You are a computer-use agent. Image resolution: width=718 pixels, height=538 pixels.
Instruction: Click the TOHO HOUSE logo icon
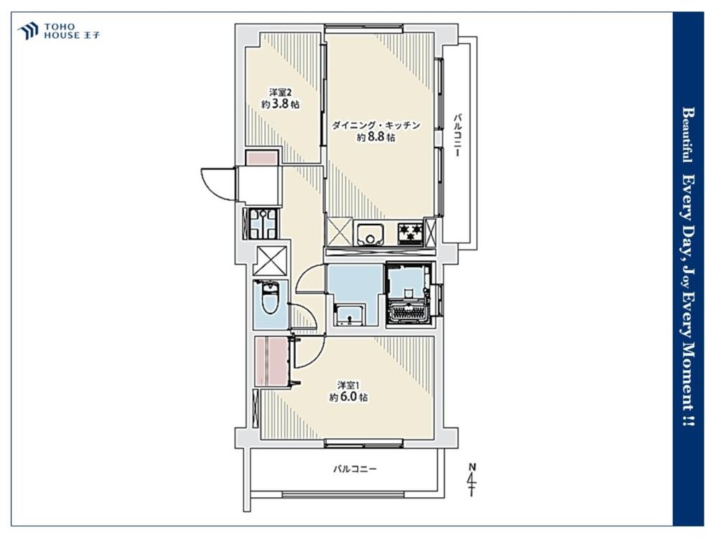(27, 31)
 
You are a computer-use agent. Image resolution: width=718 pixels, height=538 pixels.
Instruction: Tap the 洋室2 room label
(280, 91)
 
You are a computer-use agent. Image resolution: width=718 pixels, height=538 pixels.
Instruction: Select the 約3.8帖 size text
(280, 104)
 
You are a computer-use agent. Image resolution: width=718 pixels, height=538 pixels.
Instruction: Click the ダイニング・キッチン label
(376, 126)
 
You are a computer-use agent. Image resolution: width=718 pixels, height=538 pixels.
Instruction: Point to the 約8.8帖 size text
(376, 137)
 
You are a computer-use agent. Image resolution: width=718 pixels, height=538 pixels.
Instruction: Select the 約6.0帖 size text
(348, 397)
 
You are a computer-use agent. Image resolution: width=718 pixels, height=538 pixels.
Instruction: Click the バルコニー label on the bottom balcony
(355, 469)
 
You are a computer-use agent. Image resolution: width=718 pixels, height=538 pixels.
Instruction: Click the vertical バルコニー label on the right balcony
(457, 135)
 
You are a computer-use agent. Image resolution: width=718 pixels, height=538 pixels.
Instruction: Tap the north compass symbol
(472, 481)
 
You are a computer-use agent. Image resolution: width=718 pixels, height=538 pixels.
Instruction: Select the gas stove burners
(410, 233)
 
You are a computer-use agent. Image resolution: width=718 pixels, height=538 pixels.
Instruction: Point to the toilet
(270, 298)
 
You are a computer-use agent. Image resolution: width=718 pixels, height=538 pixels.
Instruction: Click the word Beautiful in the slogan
(687, 135)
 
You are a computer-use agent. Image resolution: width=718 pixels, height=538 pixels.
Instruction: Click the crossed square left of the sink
(340, 232)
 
